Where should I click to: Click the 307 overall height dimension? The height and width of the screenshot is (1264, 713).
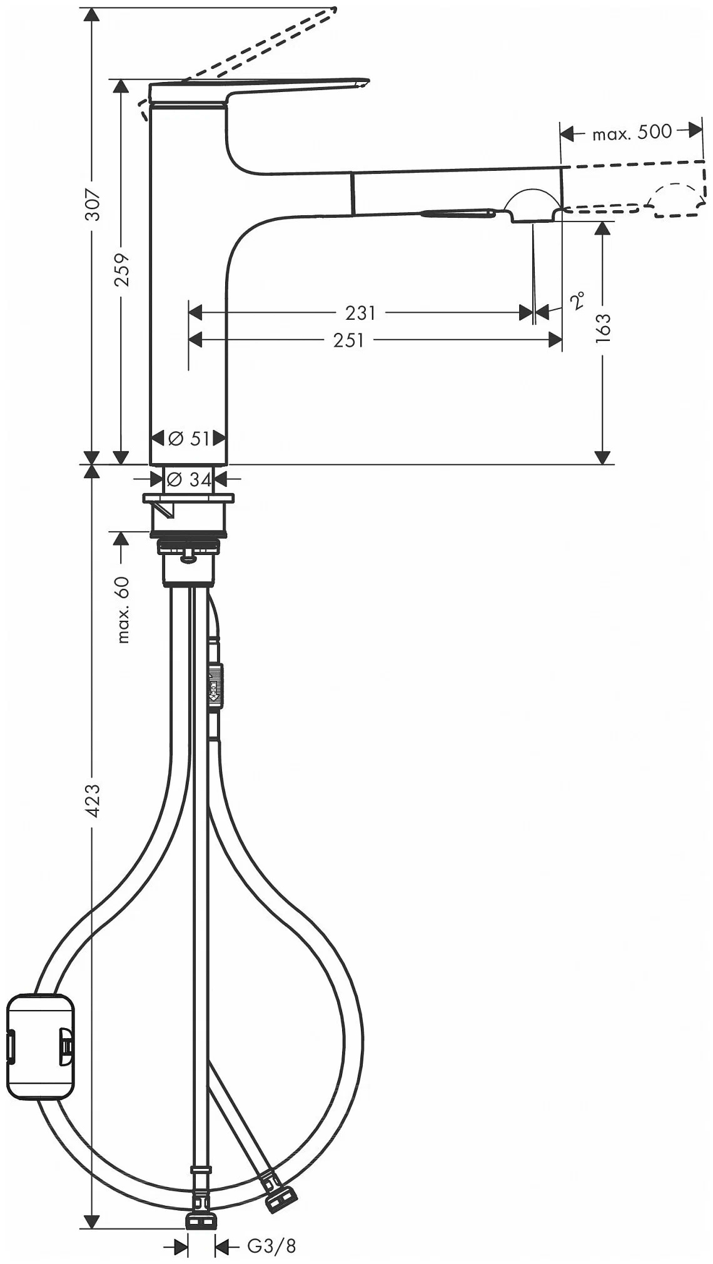click(x=93, y=204)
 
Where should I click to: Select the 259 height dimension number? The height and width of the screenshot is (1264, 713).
click(x=122, y=270)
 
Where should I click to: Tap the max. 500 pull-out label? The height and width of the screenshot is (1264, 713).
click(x=632, y=132)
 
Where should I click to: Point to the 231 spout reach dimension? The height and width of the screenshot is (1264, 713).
click(x=360, y=312)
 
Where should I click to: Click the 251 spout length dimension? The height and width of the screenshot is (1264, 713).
click(x=348, y=340)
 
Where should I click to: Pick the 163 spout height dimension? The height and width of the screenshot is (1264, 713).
click(x=603, y=328)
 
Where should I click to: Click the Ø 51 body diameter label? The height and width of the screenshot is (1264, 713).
click(x=189, y=439)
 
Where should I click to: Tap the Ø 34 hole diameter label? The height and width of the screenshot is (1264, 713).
click(x=189, y=480)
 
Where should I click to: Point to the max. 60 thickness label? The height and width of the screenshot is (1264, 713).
click(x=123, y=609)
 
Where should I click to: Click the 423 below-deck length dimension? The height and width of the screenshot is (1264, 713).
click(x=93, y=800)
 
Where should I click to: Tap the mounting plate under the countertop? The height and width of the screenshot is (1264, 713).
click(x=188, y=498)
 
